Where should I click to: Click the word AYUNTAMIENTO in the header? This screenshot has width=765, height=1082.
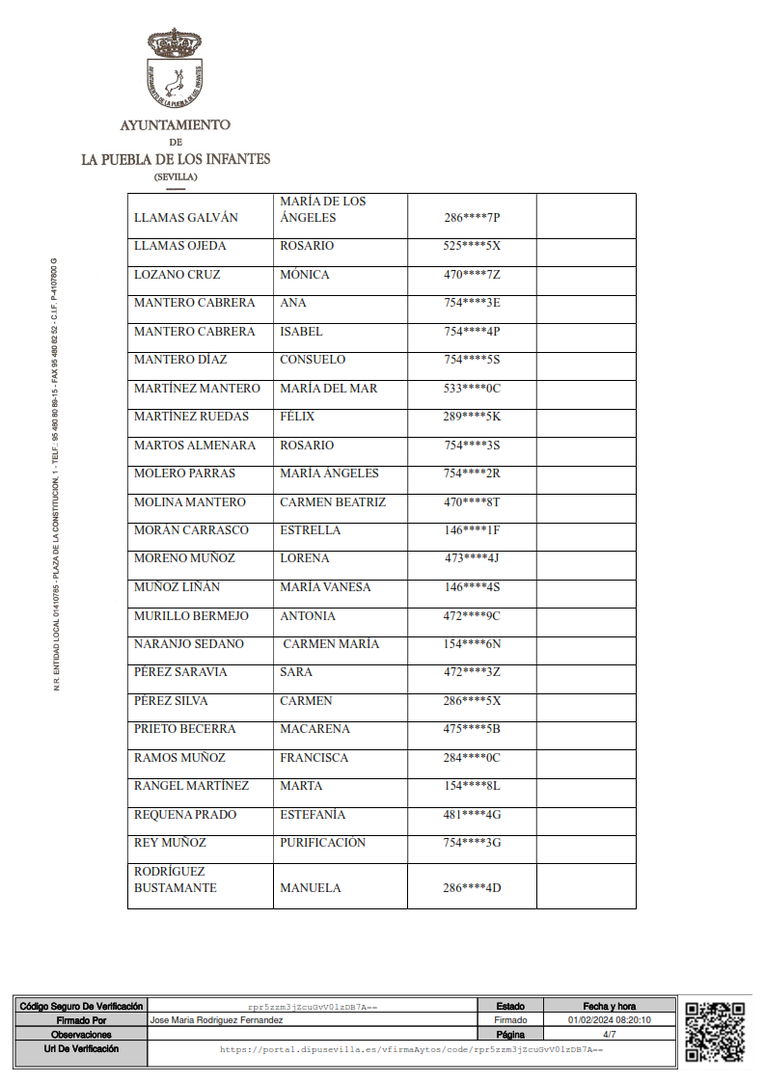175,125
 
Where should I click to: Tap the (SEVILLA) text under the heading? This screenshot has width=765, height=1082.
175,176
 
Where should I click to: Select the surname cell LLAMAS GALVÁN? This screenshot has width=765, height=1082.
186,218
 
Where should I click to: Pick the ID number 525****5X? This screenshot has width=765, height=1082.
472,246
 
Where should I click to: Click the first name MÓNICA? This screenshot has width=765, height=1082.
305,275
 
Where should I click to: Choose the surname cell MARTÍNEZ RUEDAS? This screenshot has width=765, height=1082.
191,417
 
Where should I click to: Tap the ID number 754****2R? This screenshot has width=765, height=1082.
472,473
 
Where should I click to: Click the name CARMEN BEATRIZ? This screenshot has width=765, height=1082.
333,502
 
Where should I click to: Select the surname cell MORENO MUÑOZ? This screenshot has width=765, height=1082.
184,558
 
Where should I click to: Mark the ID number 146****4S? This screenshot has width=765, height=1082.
472,587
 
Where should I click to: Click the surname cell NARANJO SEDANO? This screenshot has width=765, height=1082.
189,644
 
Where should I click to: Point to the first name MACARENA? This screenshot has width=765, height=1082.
314,729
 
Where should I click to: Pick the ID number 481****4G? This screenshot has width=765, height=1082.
472,815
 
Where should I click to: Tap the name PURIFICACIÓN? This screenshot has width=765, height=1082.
323,843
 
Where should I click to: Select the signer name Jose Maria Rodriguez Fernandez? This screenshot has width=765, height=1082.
217,1019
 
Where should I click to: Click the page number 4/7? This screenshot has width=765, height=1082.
610,1034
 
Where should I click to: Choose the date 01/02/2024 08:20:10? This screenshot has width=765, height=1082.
610,1019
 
